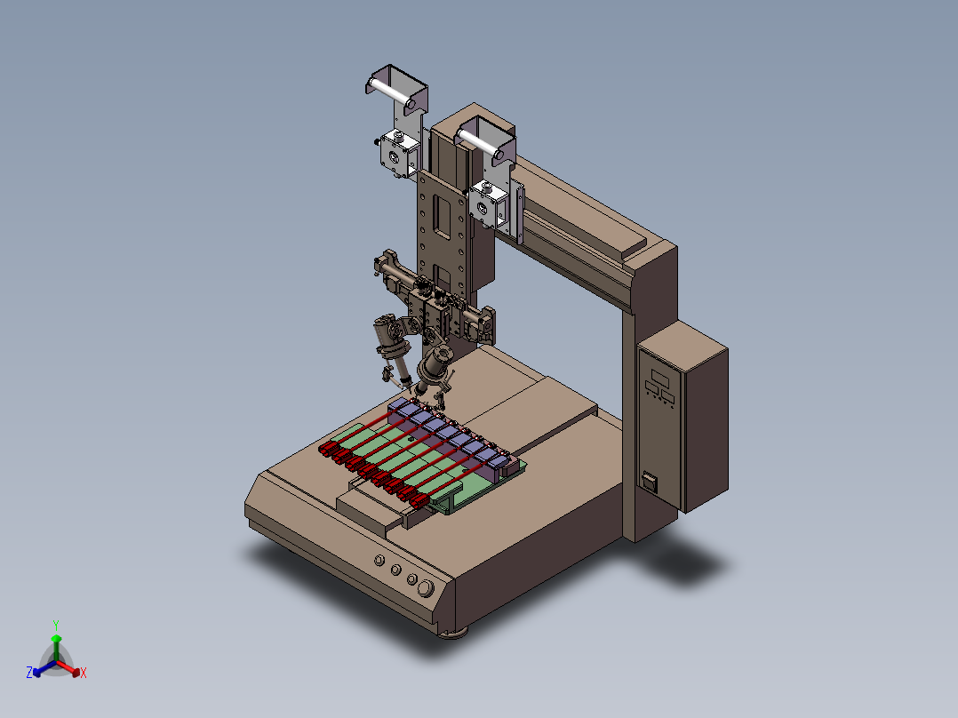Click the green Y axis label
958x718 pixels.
click(x=56, y=625)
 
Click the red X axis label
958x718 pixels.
click(x=84, y=673)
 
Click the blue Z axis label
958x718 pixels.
click(x=28, y=672)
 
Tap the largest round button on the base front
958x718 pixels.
click(x=425, y=588)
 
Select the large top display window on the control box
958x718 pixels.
click(x=659, y=377)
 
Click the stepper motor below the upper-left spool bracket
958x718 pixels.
click(x=399, y=155)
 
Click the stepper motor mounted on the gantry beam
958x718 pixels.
click(x=489, y=203)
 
